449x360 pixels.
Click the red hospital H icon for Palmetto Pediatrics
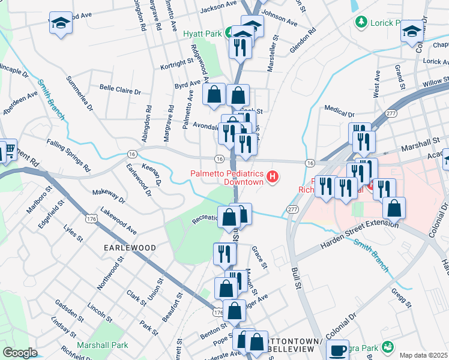tap(273, 177)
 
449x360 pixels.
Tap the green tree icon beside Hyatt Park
tap(230, 33)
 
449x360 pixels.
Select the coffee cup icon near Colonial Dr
tap(339, 350)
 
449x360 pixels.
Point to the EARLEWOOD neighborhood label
tap(130, 247)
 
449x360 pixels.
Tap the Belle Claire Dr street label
tap(120, 90)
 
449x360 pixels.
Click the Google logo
tap(20, 353)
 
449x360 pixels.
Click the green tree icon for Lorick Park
tap(361, 23)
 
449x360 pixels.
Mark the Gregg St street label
tap(400, 299)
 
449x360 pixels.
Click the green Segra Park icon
tap(387, 347)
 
